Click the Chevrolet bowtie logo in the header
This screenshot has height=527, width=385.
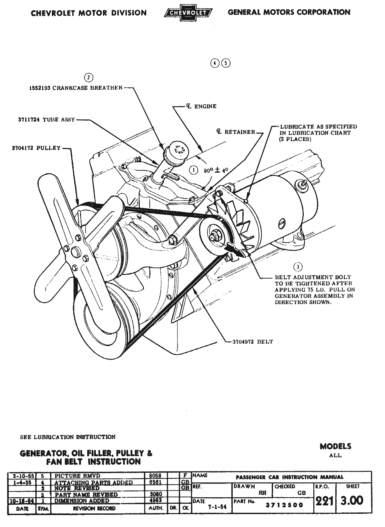188,13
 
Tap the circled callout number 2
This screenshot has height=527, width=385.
88,77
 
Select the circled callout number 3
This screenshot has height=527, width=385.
298,266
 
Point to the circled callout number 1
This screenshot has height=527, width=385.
193,170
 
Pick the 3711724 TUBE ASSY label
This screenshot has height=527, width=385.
46,119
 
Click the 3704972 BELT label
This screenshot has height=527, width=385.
253,342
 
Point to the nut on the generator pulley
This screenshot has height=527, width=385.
215,236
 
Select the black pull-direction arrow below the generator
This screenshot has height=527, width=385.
235,249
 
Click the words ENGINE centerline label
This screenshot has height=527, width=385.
205,106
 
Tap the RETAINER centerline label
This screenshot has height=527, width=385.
239,132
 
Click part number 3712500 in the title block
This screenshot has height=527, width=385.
284,505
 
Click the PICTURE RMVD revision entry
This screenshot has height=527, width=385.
77,476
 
